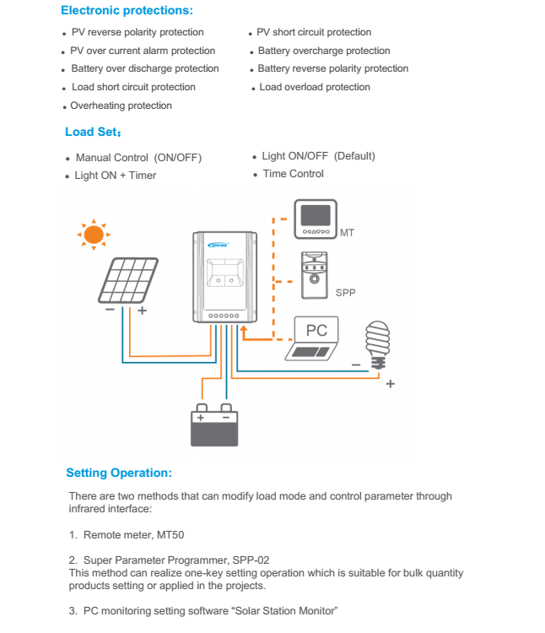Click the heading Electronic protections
(127, 11)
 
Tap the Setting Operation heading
(119, 473)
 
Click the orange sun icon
(94, 233)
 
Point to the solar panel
(127, 280)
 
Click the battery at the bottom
(214, 427)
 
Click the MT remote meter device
(316, 219)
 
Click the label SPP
(346, 293)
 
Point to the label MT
(347, 231)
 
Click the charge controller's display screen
(224, 279)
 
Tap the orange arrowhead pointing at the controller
(244, 333)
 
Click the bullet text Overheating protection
(121, 105)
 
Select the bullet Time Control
(293, 174)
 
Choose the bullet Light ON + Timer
(115, 176)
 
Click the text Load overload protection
(315, 87)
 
